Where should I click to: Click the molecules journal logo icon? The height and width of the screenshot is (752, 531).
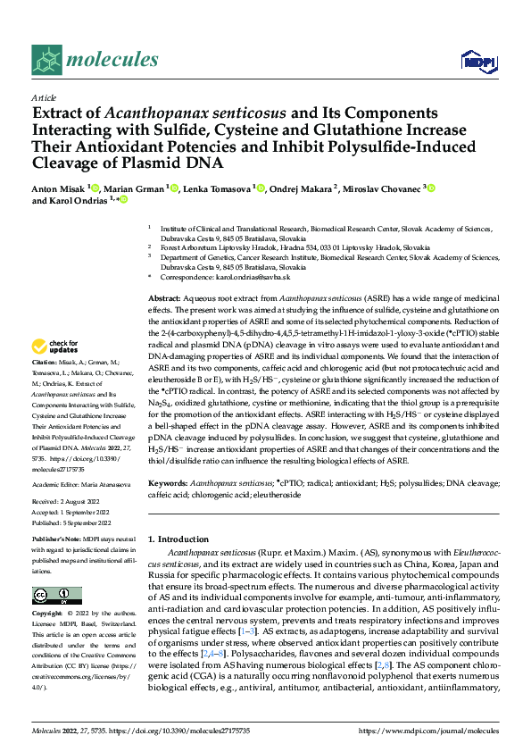click(x=47, y=60)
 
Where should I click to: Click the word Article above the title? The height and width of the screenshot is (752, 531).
click(x=44, y=97)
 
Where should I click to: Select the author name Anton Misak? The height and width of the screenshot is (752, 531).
click(x=60, y=188)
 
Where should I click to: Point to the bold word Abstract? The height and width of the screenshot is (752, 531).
click(x=164, y=296)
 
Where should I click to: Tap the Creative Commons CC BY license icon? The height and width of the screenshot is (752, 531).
click(x=53, y=596)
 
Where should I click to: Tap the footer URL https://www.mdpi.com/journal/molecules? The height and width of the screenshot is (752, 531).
click(x=427, y=731)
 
